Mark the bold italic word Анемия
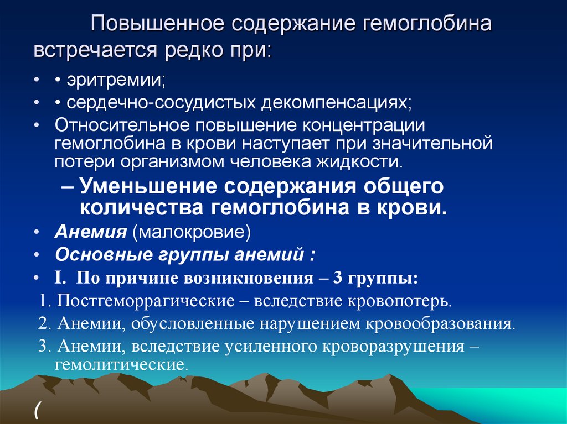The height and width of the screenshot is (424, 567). click(x=91, y=232)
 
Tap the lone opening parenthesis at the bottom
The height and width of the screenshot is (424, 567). click(x=37, y=410)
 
